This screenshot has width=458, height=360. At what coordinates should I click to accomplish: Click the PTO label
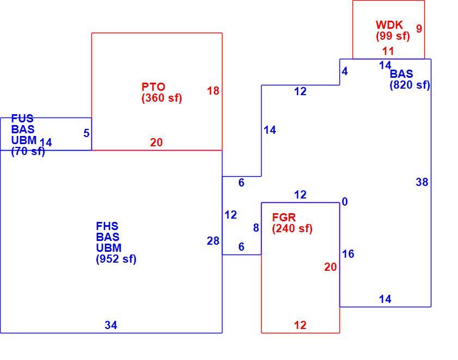tap(153, 86)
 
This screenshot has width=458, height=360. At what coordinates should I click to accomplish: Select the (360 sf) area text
tap(162, 98)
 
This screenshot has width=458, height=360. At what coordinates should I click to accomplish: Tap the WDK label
tap(389, 25)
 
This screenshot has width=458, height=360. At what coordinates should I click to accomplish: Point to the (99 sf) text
tap(393, 36)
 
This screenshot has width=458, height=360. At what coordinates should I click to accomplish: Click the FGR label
tap(284, 217)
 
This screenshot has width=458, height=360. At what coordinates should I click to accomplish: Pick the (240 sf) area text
tap(293, 228)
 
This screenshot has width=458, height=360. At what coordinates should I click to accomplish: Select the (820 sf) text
tap(410, 85)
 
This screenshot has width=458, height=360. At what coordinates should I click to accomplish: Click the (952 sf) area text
tap(116, 259)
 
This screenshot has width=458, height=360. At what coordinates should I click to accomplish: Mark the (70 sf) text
tap(28, 152)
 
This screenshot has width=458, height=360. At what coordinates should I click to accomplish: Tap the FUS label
tap(22, 118)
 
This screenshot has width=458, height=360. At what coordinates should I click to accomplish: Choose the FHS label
tap(107, 226)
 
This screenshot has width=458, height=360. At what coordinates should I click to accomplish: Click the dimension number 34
tap(111, 325)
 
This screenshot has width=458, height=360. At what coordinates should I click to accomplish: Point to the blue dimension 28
tap(213, 241)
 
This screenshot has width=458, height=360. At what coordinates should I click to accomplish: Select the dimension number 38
tap(422, 182)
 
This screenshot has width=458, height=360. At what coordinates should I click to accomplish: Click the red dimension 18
tap(213, 91)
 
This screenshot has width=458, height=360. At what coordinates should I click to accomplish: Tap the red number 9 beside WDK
tap(419, 29)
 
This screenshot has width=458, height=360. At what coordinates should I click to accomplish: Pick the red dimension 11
tap(388, 51)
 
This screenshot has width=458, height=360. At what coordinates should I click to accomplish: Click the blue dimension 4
tap(345, 72)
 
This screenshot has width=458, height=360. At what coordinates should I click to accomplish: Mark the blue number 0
tap(345, 202)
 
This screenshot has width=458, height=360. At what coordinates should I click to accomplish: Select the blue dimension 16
tap(348, 254)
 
